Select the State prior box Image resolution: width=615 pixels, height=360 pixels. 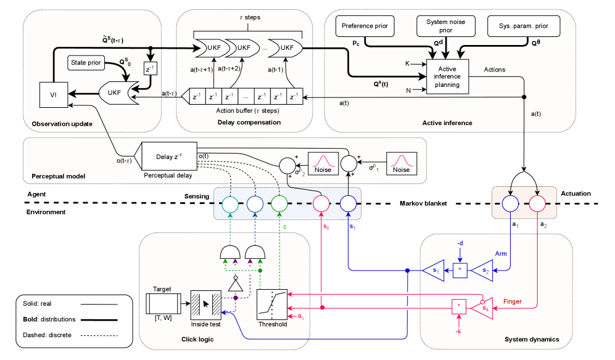click(x=86, y=63)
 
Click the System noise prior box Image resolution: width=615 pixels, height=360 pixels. click(x=446, y=27)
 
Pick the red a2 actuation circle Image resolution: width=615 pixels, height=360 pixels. click(x=535, y=203)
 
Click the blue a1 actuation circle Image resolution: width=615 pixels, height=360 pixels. click(x=510, y=203)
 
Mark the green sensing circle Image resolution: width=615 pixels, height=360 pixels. click(x=280, y=203)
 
